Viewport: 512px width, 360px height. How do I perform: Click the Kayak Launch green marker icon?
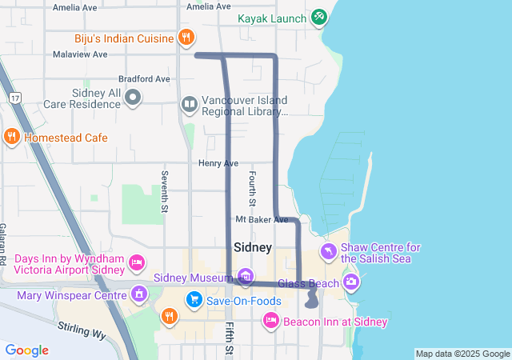319,17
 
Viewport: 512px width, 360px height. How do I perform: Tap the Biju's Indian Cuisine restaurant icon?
186,37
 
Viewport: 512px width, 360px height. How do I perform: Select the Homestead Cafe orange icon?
11,137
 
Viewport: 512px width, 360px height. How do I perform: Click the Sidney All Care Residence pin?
134,98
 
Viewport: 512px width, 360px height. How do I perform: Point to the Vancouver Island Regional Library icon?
189,103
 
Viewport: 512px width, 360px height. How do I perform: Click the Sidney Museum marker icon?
246,278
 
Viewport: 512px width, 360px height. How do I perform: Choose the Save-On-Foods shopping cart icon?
194,301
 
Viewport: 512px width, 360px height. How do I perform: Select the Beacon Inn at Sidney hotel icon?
270,322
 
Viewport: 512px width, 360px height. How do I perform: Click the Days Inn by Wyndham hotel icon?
137,262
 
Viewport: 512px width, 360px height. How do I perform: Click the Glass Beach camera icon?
351,282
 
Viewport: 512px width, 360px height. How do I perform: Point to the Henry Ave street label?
218,163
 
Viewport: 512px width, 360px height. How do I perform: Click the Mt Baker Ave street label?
262,219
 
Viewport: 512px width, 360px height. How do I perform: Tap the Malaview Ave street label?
79,54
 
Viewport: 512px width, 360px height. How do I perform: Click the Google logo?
27,350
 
